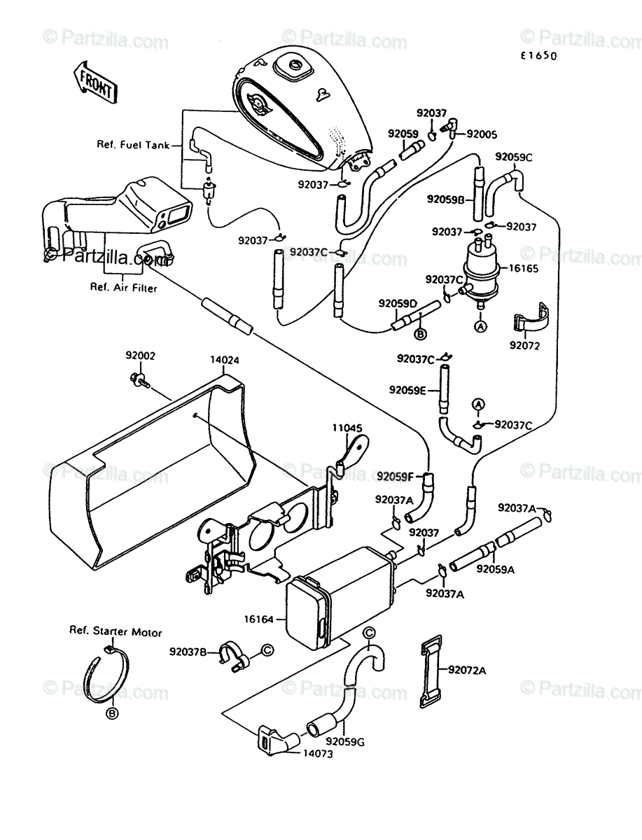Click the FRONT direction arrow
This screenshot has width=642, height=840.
tap(96, 83)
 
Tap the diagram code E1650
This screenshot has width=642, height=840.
tap(538, 56)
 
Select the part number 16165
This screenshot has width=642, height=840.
tap(523, 268)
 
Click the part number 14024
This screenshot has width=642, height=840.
tap(225, 360)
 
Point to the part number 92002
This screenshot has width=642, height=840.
tap(141, 356)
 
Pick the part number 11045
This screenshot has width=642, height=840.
tap(347, 428)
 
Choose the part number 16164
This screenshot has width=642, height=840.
tap(259, 619)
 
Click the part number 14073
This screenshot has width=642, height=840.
tap(318, 753)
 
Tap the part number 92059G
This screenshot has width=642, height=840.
tap(346, 743)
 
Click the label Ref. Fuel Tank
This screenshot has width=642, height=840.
tap(133, 145)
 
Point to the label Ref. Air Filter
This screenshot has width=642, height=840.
tap(124, 288)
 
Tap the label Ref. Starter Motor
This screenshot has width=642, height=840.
tap(116, 631)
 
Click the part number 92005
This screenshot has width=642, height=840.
tap(482, 134)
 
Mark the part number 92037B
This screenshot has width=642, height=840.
tap(188, 651)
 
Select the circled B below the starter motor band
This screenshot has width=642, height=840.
tap(112, 714)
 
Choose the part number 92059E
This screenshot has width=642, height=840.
tap(407, 390)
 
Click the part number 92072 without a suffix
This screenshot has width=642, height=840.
tap(524, 346)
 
